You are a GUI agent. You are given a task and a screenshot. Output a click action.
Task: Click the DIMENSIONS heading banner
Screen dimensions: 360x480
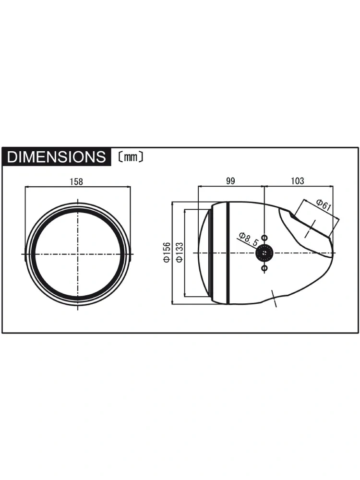tap(57, 157)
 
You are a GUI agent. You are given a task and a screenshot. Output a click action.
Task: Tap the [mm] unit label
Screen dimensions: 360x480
tap(130, 157)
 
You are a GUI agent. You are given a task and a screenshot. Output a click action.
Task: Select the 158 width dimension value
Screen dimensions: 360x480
tap(76, 181)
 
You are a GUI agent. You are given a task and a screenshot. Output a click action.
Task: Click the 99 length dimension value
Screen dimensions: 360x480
tap(230, 181)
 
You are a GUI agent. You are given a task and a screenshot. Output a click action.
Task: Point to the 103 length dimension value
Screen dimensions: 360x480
tap(297, 181)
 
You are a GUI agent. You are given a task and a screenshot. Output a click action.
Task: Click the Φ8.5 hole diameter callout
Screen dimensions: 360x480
tap(248, 239)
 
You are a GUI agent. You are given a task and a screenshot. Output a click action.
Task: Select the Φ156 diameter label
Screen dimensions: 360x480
tap(167, 252)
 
